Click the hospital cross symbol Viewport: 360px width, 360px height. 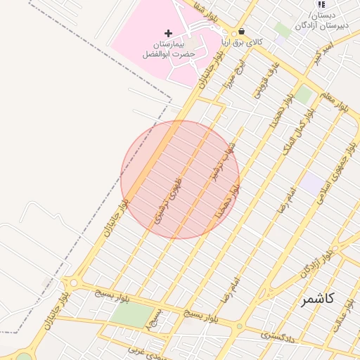coord(168,33)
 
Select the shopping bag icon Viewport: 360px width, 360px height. coord(242,32)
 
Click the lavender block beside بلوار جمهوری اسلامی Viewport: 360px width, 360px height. coord(311,185)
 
